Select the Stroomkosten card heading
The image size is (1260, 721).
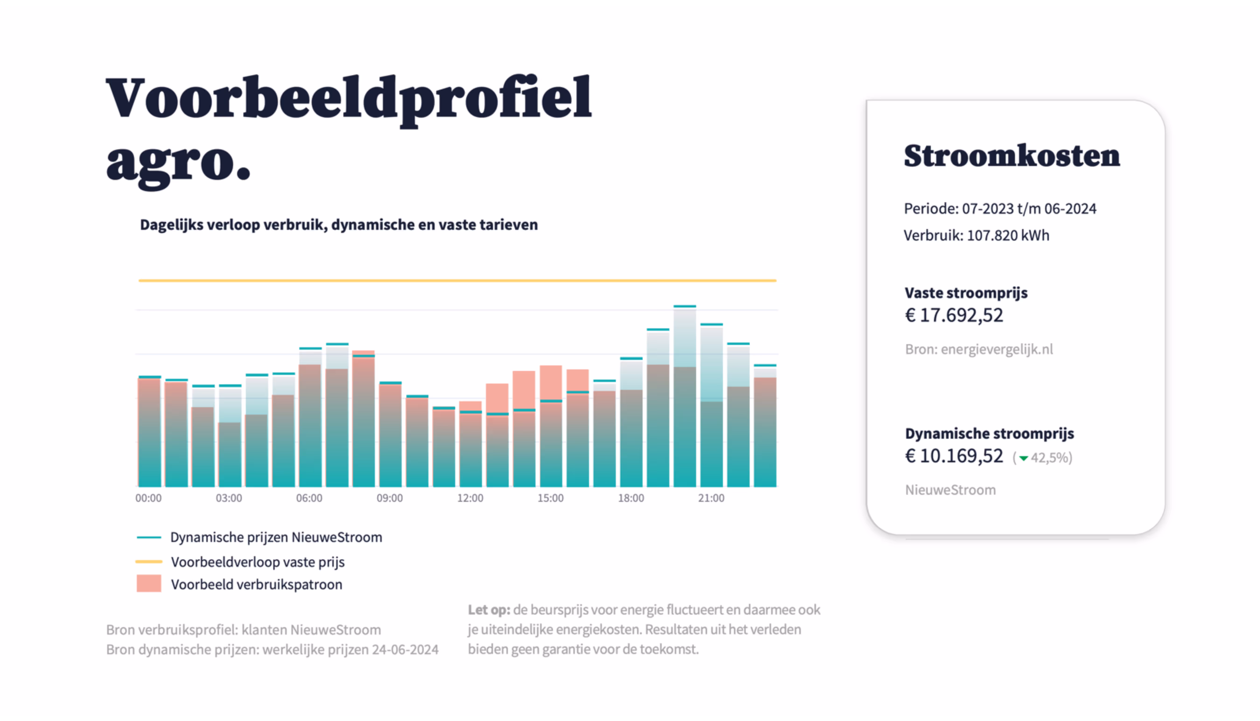[x=1012, y=156]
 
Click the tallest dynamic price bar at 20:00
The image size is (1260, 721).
[x=685, y=396]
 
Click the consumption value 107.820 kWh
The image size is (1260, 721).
[x=1008, y=235]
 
